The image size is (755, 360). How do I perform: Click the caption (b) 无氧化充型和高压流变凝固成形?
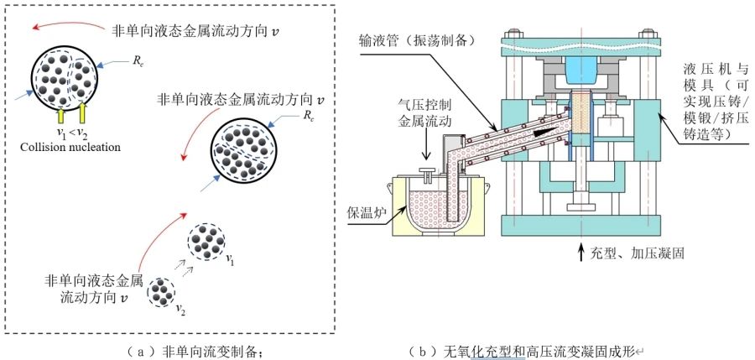528,350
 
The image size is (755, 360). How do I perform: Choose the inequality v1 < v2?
67,133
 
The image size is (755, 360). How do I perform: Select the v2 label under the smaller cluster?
179,310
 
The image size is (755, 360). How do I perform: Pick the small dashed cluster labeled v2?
160,292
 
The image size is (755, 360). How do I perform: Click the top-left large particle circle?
65,76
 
